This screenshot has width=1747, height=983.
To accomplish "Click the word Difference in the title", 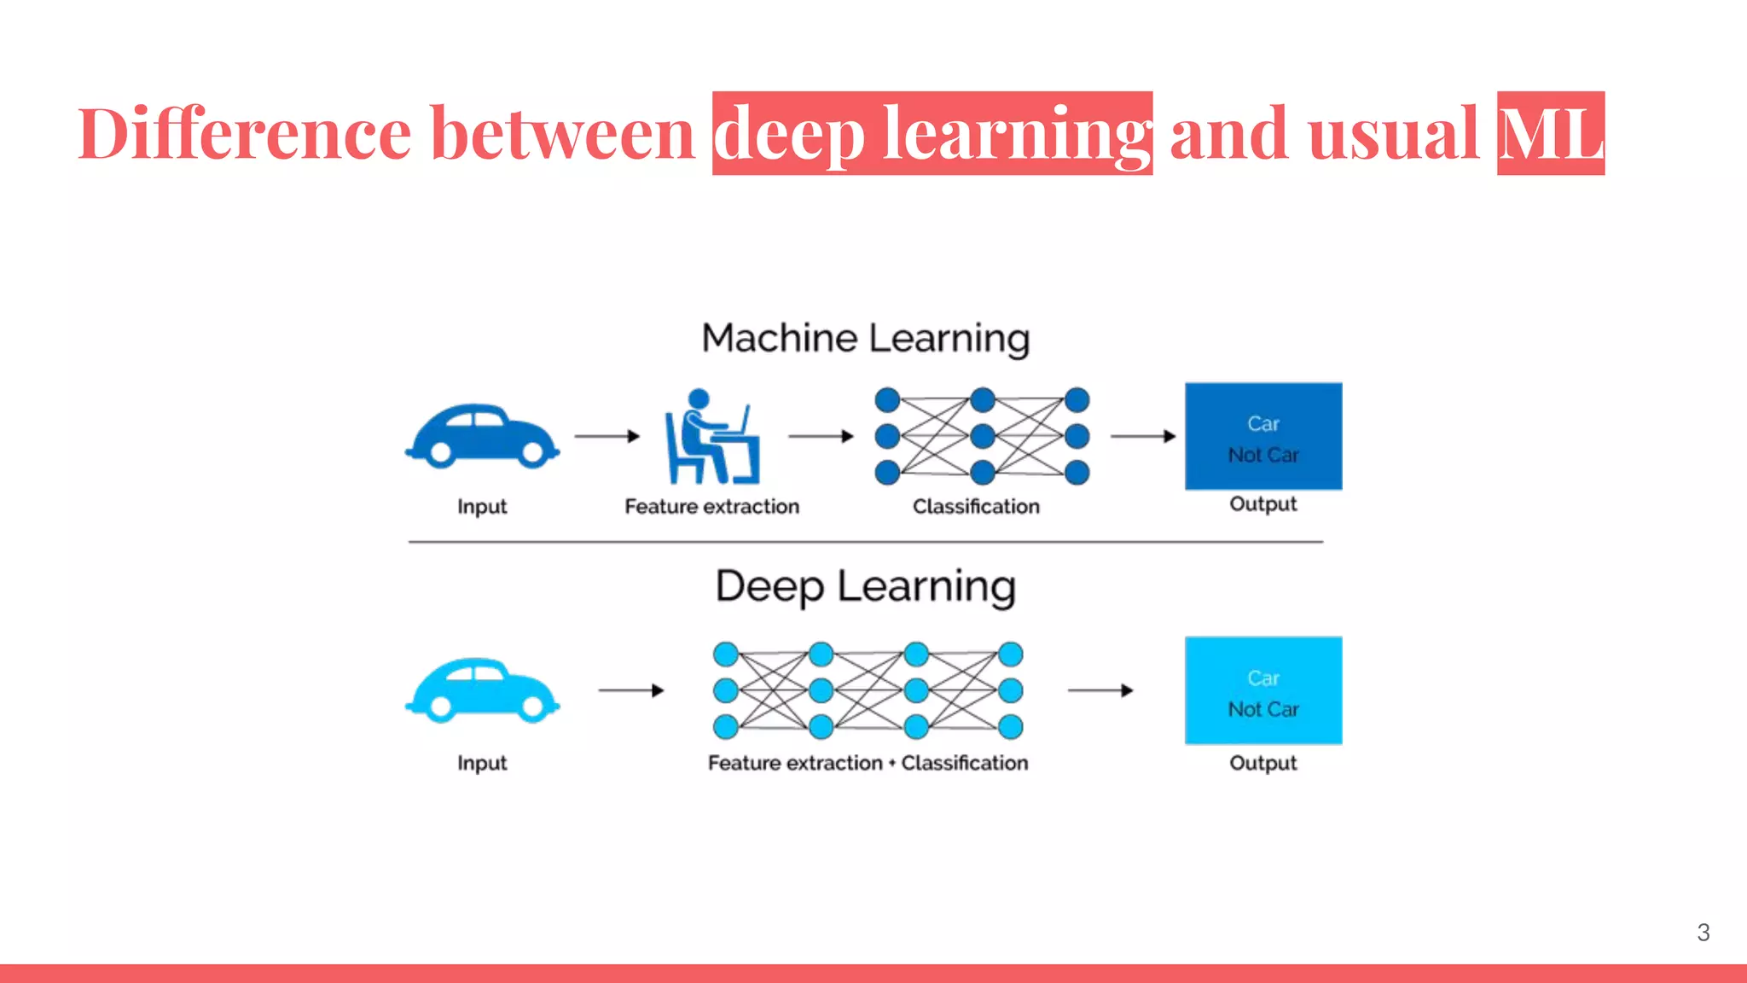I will [246, 133].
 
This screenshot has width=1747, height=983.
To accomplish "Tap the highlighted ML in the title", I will [1550, 134].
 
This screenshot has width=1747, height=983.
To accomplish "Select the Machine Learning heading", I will [866, 338].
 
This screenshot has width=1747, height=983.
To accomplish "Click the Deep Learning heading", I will [866, 586].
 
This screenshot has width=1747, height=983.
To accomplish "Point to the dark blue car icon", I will [482, 436].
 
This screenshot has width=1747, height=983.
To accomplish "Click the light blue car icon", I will [482, 690].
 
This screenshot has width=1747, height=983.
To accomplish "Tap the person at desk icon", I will [711, 436].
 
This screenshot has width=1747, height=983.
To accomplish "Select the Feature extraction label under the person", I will [711, 507].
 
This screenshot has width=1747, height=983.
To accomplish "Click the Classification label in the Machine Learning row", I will [976, 507].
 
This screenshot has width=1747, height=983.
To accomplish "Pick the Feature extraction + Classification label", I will [868, 763].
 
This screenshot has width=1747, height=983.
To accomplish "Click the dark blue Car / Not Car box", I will [1263, 436].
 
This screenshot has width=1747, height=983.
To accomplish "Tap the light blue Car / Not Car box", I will [1263, 690].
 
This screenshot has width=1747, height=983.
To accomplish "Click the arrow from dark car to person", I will [607, 436].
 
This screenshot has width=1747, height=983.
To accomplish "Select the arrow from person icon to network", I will [821, 436].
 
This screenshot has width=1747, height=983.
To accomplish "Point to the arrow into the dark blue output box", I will [1143, 436].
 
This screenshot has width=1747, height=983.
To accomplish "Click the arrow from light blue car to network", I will [631, 690].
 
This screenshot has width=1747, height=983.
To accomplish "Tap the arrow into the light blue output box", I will [1100, 690].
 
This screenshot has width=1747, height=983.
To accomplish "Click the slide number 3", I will [1703, 933].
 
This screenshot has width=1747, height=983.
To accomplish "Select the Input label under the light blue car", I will [482, 763].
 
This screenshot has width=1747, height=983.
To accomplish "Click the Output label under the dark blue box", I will [1262, 504].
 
